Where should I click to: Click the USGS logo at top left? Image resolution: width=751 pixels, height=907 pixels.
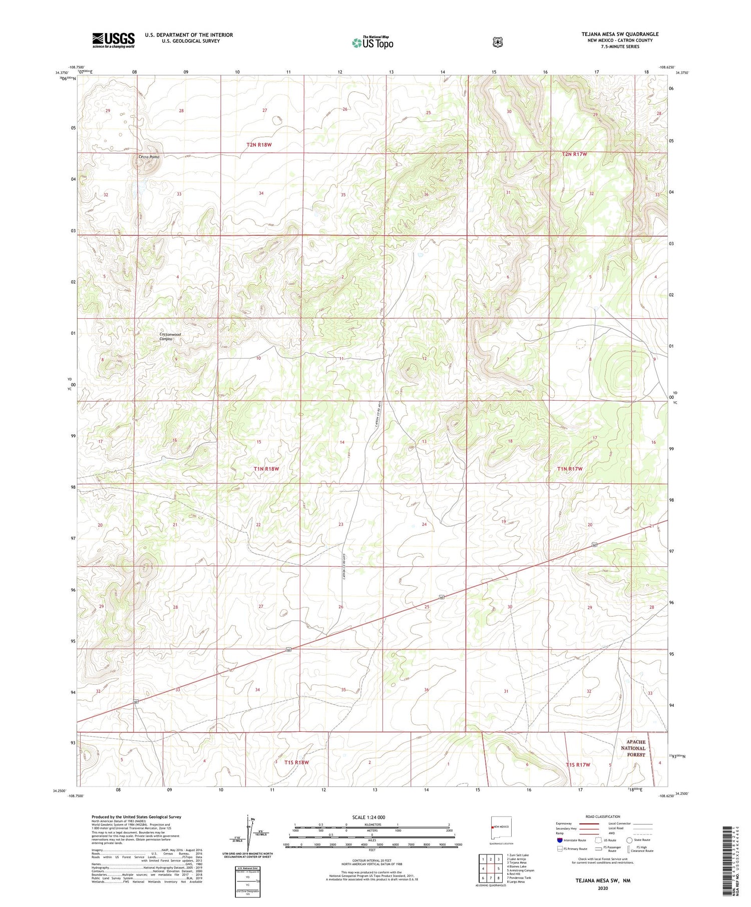113,40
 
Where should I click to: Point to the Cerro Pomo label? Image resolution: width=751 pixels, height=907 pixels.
149,157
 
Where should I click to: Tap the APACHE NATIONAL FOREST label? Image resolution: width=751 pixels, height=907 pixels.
633,748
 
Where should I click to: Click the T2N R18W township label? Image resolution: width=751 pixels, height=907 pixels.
259,145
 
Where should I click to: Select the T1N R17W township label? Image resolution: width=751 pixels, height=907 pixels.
570,469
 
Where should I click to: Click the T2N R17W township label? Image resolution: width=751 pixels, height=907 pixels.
574,154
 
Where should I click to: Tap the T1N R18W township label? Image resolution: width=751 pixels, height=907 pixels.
266,469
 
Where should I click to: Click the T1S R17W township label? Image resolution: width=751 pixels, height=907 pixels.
578,765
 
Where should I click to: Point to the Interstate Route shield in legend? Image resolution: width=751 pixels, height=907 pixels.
560,840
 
